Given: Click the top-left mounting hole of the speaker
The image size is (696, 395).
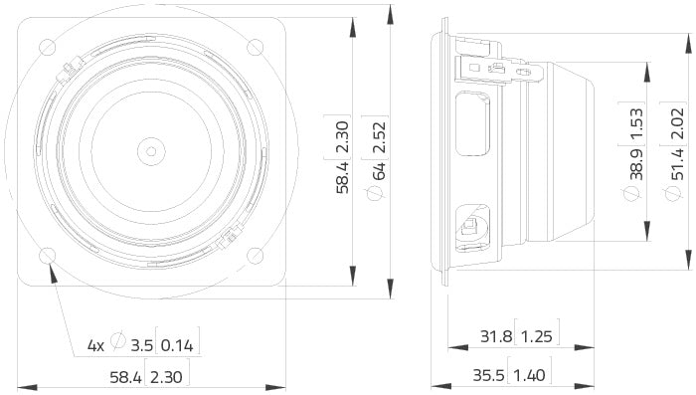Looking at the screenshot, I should pyautogui.click(x=47, y=45).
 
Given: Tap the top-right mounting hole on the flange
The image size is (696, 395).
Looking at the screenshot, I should pyautogui.click(x=255, y=45).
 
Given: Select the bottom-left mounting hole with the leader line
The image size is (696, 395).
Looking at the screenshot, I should pyautogui.click(x=47, y=255).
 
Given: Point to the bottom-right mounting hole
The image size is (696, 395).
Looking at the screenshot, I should pyautogui.click(x=255, y=255).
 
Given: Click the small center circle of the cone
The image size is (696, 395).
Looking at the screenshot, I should pyautogui.click(x=151, y=151).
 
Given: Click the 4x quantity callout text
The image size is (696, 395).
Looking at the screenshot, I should pyautogui.click(x=95, y=346).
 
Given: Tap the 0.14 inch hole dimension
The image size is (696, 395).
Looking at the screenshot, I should pyautogui.click(x=179, y=346).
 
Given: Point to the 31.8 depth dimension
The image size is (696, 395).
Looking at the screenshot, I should pyautogui.click(x=495, y=337).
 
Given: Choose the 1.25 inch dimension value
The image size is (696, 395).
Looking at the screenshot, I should pyautogui.click(x=537, y=337).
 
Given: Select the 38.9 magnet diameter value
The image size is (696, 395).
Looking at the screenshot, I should pyautogui.click(x=635, y=161).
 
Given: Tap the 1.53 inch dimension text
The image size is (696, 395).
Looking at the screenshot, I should pyautogui.click(x=635, y=120).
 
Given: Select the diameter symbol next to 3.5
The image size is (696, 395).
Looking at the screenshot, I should pyautogui.click(x=118, y=341).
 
